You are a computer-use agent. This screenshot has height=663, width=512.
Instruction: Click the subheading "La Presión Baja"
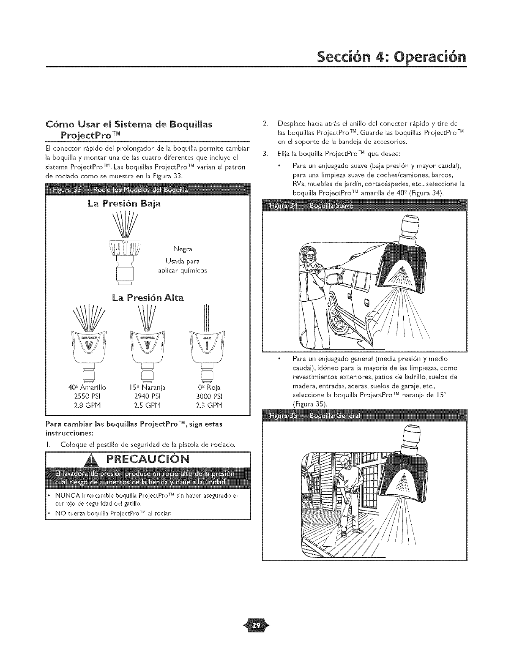[x=125, y=205]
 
